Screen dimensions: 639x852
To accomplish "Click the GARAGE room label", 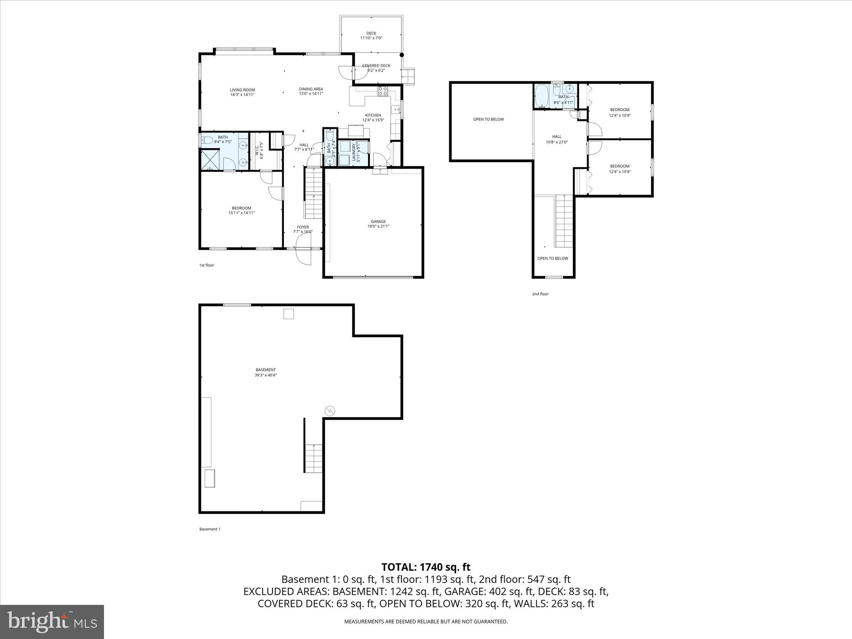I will [378, 224].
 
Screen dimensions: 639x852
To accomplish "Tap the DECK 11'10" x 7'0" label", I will [371, 36].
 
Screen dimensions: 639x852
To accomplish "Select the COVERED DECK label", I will [376, 68].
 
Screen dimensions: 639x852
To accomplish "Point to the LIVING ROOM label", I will [243, 92].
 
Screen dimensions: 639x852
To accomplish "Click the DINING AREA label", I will [311, 91].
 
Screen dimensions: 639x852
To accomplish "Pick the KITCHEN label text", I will [373, 117].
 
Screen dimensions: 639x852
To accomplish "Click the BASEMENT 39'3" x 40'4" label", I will [265, 372].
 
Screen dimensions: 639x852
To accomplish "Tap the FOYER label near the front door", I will [303, 229].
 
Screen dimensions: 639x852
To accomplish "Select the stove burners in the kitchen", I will [383, 91].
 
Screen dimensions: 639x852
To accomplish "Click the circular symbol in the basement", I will [330, 411].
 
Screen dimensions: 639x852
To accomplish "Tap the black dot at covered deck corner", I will [401, 55].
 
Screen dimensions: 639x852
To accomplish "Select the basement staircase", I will [313, 458].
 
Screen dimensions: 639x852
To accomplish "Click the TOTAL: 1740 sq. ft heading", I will [426, 567].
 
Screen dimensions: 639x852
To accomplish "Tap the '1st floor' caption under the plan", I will [206, 265].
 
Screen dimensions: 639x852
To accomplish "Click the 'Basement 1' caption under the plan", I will [210, 529].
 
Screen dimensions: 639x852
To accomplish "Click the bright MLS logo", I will [52, 622].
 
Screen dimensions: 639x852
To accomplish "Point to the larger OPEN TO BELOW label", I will [488, 119].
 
